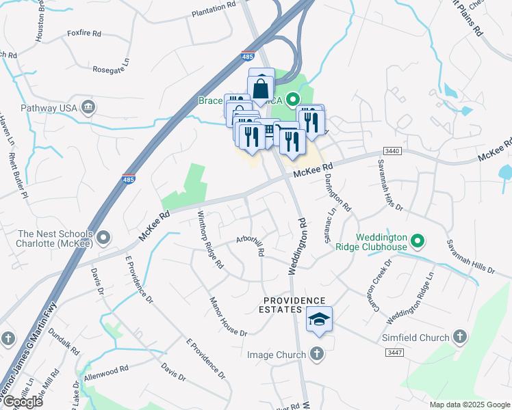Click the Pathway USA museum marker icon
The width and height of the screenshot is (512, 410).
pos(88,107)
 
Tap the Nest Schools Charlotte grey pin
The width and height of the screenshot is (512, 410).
pos(103,238)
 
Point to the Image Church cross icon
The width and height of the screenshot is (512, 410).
pos(316,354)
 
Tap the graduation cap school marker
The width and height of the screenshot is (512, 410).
pos(319,319)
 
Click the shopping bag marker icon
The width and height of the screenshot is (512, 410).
pos(261,88)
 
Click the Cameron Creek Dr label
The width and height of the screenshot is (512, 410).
pos(380,280)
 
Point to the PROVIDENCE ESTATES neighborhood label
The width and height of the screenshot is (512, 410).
pos(295,305)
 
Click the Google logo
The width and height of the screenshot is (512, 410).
pos(23,402)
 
